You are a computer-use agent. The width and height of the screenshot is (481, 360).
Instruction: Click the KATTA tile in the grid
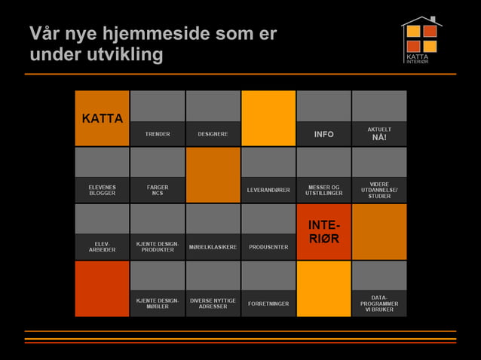103,118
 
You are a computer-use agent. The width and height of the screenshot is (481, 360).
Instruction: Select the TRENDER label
158,134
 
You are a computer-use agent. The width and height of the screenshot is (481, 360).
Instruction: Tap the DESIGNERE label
213,134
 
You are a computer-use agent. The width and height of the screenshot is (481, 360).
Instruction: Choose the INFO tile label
323,134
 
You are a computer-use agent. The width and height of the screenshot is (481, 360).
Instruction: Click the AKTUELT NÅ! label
379,133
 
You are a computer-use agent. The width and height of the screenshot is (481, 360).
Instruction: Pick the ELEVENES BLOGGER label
102,190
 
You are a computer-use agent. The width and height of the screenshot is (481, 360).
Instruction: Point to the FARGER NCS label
158,190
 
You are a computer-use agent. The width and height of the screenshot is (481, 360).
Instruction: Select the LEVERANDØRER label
268,190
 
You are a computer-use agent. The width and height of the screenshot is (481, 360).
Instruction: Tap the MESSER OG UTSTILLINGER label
323,190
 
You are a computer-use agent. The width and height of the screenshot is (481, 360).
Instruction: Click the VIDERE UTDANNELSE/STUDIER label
379,190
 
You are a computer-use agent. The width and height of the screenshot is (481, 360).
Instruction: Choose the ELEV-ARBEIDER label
102,247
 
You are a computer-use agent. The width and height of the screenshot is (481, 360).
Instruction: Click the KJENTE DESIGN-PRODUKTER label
158,247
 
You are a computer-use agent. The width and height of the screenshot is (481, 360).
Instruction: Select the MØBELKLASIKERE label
213,247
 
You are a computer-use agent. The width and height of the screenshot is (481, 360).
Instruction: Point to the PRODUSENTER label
268,247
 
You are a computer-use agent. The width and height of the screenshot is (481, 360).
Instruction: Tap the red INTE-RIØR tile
323,232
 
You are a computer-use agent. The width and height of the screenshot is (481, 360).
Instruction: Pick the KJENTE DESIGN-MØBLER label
158,304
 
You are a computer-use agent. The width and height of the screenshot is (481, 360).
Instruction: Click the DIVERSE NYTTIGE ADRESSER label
213,304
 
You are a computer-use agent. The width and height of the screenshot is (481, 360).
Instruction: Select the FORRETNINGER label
268,304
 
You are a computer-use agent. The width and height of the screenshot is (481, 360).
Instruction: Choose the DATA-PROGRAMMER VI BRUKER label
379,304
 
